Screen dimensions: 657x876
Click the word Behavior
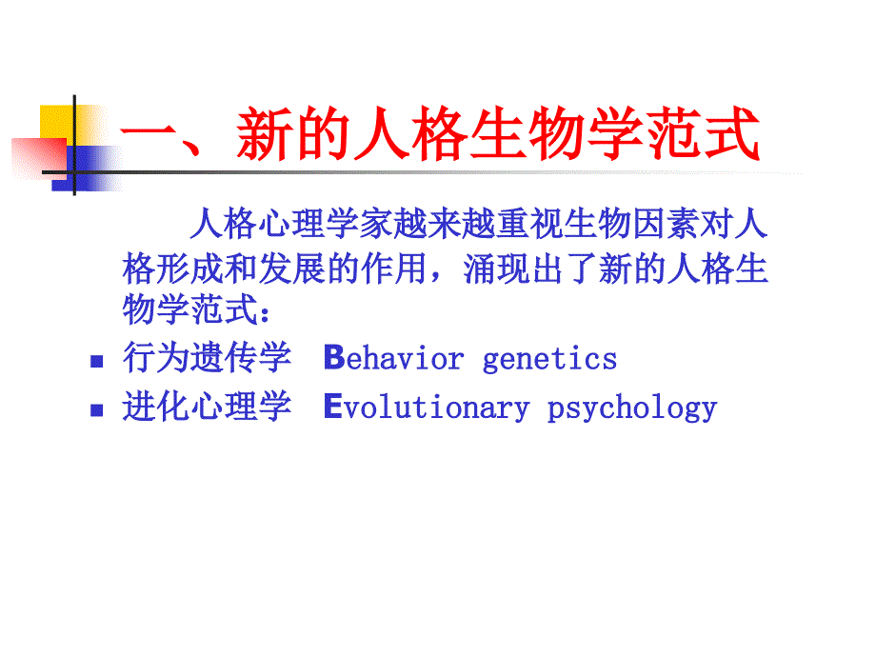click(394, 359)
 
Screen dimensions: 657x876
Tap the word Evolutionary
click(427, 408)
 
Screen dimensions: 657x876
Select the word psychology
click(632, 408)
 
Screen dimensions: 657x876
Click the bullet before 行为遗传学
click(95, 362)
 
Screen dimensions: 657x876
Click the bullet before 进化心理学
click(95, 410)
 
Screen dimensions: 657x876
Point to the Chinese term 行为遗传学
click(207, 359)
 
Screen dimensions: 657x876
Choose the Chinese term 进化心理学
click(207, 408)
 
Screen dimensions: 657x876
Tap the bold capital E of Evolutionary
click(332, 408)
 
